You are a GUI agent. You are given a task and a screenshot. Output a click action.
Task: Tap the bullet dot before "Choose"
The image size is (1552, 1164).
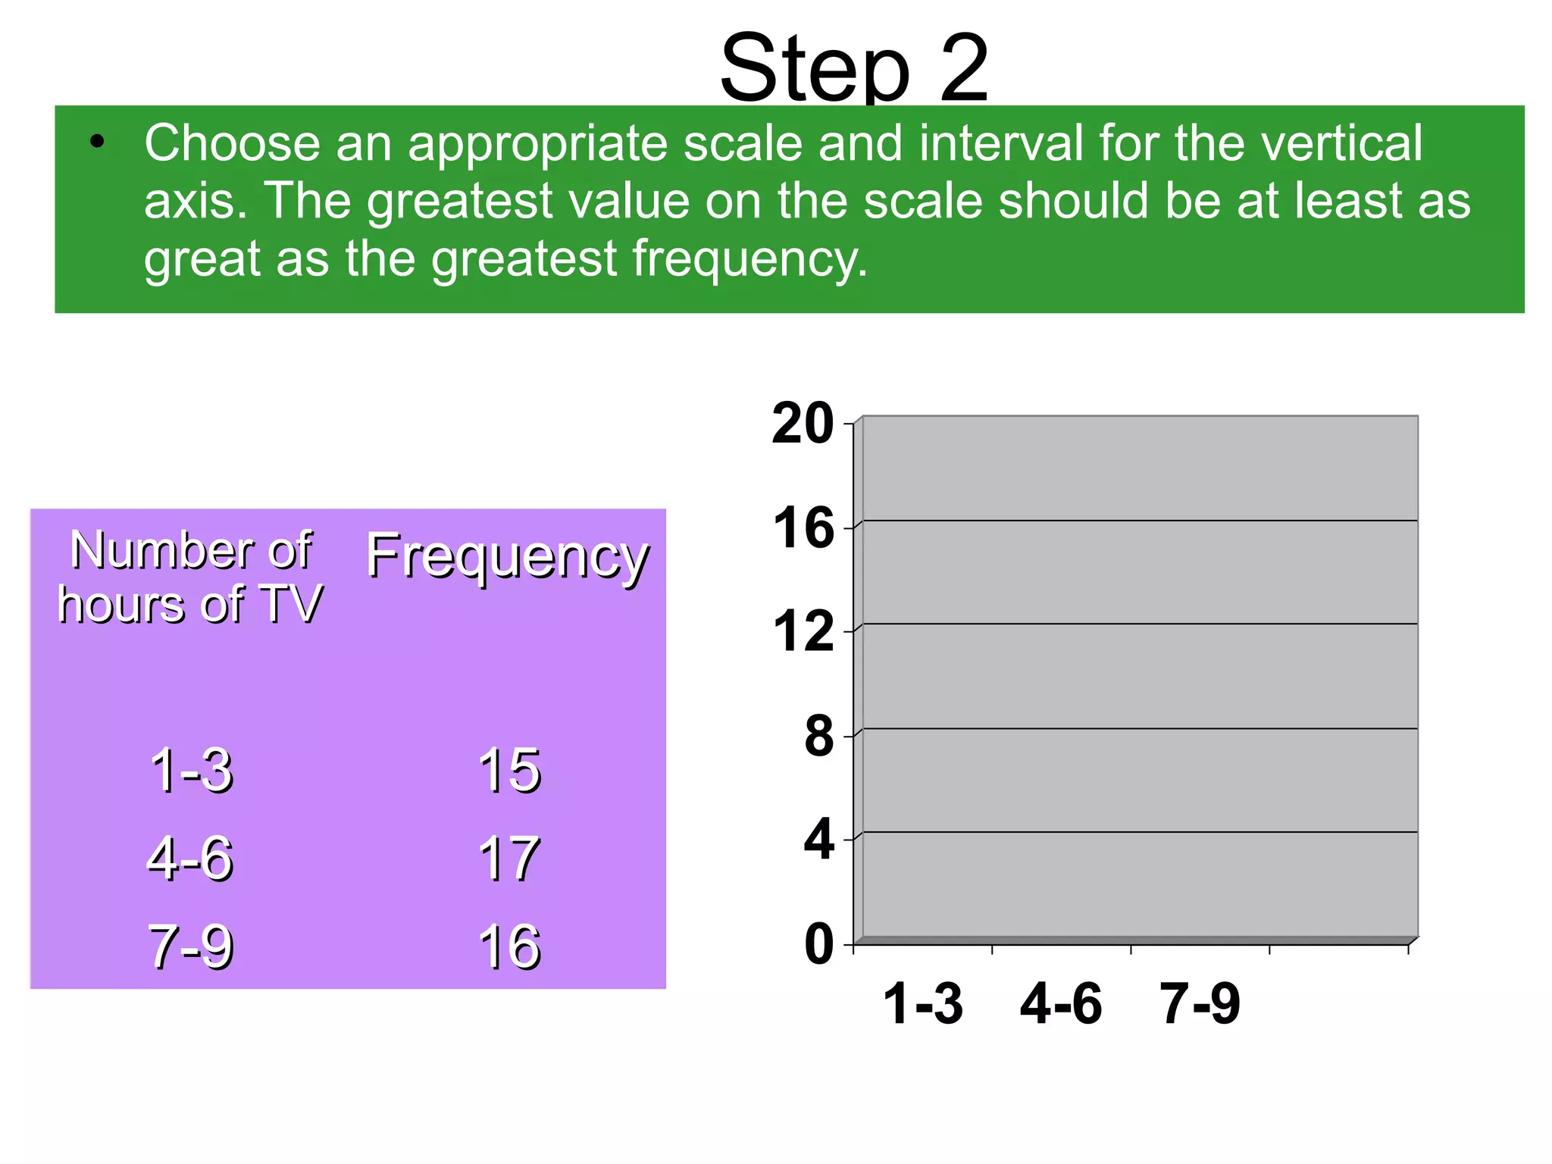(x=96, y=142)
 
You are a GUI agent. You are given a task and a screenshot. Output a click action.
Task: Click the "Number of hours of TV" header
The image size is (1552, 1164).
(x=190, y=577)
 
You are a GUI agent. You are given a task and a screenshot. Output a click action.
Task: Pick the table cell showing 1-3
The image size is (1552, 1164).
(x=191, y=771)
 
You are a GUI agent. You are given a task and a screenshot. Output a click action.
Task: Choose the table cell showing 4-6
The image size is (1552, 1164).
(x=189, y=859)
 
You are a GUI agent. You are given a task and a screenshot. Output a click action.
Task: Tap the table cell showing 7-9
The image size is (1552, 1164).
(x=190, y=947)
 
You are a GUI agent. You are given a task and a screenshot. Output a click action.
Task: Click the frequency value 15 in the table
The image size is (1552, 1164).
(x=509, y=771)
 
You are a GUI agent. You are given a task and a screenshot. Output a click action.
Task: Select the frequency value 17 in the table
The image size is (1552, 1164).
(x=509, y=859)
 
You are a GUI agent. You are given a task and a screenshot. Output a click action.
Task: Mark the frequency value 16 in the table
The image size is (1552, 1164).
(x=509, y=947)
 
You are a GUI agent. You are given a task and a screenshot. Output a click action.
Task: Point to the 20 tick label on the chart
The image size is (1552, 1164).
(x=803, y=424)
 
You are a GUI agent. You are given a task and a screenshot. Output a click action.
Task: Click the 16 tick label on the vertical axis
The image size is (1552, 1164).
(x=803, y=528)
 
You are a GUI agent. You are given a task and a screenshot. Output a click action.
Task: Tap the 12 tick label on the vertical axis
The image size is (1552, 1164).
(x=803, y=632)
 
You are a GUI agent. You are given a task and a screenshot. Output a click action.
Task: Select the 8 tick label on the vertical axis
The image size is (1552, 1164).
(x=818, y=737)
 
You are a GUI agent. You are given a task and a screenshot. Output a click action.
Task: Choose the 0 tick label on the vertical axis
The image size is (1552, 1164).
(x=818, y=945)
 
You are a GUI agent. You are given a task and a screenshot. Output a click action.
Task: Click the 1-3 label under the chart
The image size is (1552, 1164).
(x=923, y=1004)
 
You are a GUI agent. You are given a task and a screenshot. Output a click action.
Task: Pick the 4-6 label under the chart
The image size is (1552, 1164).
(x=1061, y=1004)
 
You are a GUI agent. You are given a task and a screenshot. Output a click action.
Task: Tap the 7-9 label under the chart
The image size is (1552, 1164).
(x=1200, y=1004)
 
